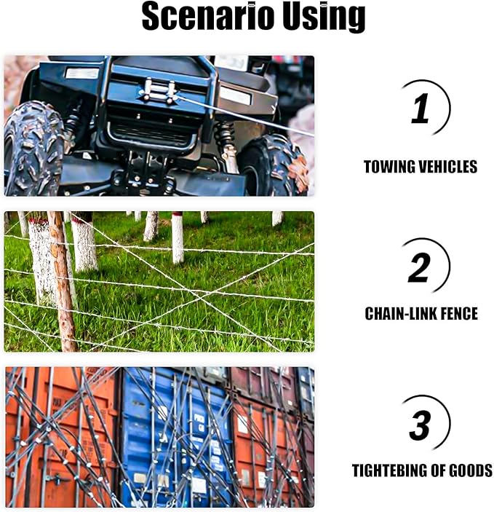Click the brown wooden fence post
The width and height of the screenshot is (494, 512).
pyautogui.click(x=63, y=284)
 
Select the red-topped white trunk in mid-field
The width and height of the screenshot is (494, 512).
pyautogui.click(x=178, y=237)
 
